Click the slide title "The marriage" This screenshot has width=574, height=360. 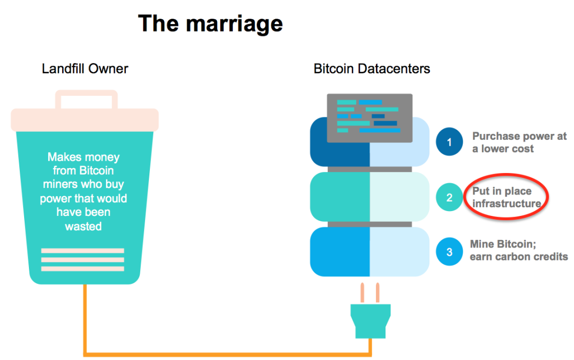pos(210,24)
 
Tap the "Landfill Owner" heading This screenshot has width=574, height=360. pos(85,69)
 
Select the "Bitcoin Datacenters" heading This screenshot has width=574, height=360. pos(372,69)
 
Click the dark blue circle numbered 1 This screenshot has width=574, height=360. pos(449,142)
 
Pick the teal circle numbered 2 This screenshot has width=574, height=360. pos(449,197)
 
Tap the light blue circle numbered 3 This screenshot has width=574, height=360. pos(449,252)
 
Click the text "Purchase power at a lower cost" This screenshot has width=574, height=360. pos(519,142)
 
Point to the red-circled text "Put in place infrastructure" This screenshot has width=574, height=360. pos(507,197)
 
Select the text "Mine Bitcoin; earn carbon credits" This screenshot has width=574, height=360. pos(519,251)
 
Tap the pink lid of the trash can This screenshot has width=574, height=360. pos(85,120)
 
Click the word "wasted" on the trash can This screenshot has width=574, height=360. pos(84,226)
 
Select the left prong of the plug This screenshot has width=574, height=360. pos(362,293)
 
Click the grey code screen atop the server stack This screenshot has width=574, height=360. pos(370,118)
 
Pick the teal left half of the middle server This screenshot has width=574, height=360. pos(339,197)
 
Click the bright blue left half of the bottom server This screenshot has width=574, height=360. pos(339,252)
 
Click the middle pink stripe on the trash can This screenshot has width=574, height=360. pos(83,260)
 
